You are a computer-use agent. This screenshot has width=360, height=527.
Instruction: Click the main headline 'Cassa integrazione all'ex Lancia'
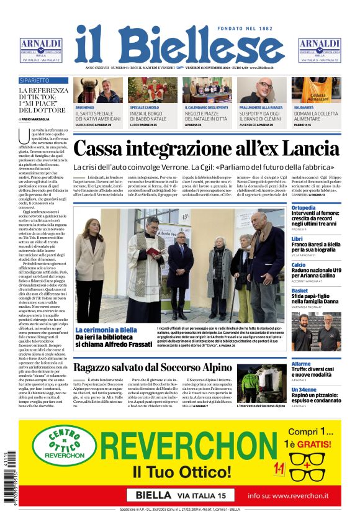[x=206, y=150]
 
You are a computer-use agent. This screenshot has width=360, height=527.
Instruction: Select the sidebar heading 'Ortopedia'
[x=304, y=208]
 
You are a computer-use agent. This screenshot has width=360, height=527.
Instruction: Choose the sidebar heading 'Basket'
[x=300, y=291]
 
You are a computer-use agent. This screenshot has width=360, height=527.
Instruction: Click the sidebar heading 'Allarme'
[x=301, y=364]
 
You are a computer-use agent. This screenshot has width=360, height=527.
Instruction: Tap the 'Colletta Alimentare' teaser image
[x=317, y=91]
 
